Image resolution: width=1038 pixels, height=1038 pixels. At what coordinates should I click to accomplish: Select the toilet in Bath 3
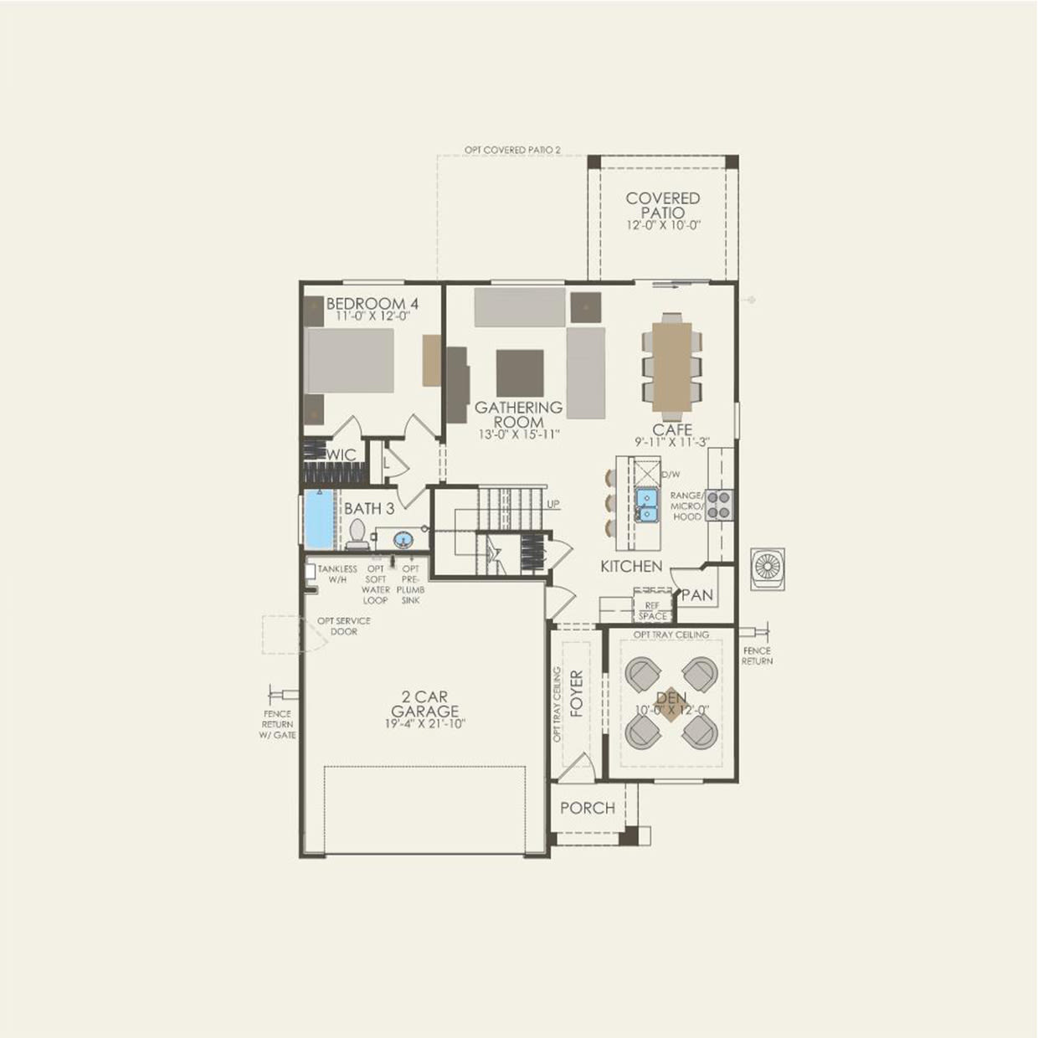[x=357, y=534]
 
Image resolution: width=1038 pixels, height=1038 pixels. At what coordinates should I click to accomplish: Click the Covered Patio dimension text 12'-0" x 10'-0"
[x=663, y=226]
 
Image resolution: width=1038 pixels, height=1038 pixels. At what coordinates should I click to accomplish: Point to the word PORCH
[x=588, y=808]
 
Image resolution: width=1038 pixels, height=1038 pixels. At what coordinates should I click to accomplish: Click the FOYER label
[x=576, y=693]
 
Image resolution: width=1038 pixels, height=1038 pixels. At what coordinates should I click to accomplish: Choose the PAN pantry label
[x=697, y=595]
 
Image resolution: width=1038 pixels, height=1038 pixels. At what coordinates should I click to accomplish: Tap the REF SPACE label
[x=653, y=610]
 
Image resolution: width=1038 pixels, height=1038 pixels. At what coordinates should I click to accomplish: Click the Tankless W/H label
[x=337, y=573]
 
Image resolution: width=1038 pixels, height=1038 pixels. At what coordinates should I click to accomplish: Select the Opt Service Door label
[x=343, y=626]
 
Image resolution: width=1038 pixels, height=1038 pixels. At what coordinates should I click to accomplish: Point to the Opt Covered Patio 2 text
[x=512, y=151]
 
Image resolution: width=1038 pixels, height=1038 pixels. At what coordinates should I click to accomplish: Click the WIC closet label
[x=342, y=455]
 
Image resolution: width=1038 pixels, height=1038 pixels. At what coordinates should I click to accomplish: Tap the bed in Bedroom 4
[x=349, y=360]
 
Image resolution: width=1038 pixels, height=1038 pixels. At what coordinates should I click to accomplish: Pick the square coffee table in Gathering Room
[x=520, y=373]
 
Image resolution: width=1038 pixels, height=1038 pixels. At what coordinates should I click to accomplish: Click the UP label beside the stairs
[x=553, y=504]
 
